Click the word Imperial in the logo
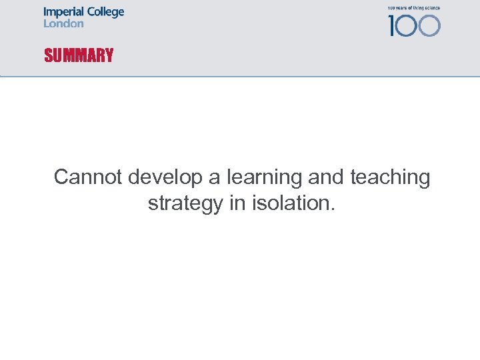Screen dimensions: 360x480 point(63,12)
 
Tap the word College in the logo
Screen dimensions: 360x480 point(104,13)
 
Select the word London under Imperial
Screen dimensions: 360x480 point(63,23)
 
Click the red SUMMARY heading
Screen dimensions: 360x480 point(79,55)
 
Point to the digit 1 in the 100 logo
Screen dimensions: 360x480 point(392,25)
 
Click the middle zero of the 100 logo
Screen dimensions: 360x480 point(408,25)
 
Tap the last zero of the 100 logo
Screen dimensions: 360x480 point(429,25)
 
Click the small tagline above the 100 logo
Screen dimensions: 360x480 point(413,8)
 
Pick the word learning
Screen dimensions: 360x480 point(264,178)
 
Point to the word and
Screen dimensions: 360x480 point(324,177)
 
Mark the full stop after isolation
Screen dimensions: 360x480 point(332,209)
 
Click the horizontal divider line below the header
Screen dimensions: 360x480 point(240,77)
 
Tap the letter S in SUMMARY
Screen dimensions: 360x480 point(48,55)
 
